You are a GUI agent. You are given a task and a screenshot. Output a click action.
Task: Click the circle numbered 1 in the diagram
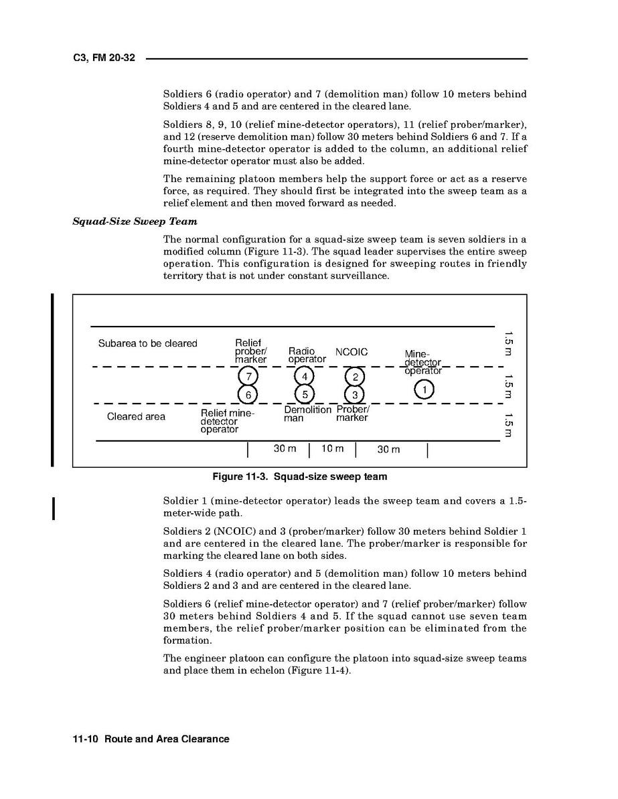coord(424,388)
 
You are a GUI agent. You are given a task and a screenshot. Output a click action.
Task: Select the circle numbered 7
coord(248,376)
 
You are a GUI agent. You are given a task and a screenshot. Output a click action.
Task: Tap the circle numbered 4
coord(304,376)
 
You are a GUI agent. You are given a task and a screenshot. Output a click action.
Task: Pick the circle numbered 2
coord(355,376)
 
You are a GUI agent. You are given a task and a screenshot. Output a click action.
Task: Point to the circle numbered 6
coord(248,394)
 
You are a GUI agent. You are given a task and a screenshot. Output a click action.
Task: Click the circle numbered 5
coord(304,394)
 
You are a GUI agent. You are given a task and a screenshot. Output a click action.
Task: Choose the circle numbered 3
coord(355,394)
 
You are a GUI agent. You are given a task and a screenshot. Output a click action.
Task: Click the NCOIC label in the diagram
coord(352,353)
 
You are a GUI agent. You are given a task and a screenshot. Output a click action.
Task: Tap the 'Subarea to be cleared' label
coord(148,343)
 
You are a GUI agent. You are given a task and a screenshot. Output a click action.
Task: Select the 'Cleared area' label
coord(136,417)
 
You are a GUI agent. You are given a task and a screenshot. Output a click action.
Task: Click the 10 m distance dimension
coord(333,449)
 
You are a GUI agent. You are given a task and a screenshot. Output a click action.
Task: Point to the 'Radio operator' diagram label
coord(307,355)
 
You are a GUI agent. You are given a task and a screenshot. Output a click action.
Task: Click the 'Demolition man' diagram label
coord(307,414)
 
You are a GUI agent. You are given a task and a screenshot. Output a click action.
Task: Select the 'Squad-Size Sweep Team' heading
coord(135,221)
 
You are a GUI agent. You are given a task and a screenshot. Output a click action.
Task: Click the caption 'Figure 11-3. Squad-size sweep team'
coord(299,477)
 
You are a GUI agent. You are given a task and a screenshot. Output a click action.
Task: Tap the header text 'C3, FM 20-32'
coord(104,58)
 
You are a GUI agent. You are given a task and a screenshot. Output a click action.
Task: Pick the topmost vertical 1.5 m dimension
coord(509,343)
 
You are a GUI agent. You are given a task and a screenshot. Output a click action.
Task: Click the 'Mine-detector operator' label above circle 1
coord(422,362)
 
